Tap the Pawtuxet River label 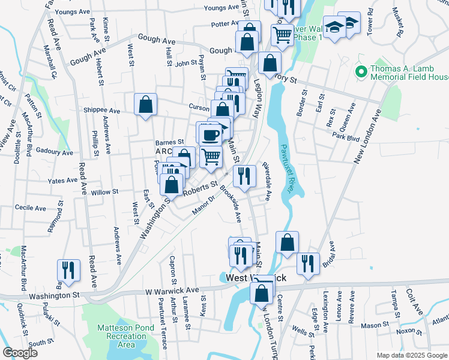pyautogui.click(x=287, y=167)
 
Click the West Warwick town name pyautogui.click(x=257, y=278)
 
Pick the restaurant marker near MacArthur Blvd pyautogui.click(x=68, y=270)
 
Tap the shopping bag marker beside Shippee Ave pyautogui.click(x=145, y=105)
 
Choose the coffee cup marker pyautogui.click(x=210, y=133)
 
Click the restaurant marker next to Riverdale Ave pyautogui.click(x=244, y=175)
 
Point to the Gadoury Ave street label pyautogui.click(x=54, y=152)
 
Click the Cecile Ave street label pyautogui.click(x=31, y=208)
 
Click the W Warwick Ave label pyautogui.click(x=171, y=290)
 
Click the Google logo pyautogui.click(x=20, y=353)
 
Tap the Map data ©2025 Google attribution pyautogui.click(x=411, y=355)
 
